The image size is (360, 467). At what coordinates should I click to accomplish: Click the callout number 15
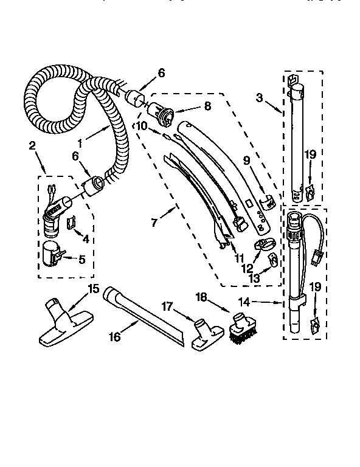coord(93,289)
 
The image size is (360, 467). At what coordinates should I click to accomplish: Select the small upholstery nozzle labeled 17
coord(205,336)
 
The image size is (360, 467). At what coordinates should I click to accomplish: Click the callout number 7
coord(154,223)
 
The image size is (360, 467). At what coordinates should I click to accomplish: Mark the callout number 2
coord(32,147)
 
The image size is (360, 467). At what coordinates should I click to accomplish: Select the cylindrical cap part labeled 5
coord(50,253)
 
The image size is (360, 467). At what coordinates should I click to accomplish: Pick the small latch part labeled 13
coord(274,260)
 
